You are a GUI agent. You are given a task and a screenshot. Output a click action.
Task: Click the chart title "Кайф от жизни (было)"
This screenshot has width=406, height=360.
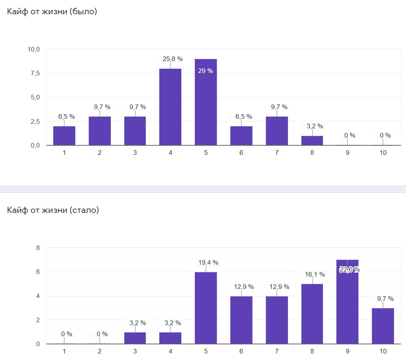click(52, 12)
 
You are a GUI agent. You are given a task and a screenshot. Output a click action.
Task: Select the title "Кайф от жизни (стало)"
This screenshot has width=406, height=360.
click(53, 210)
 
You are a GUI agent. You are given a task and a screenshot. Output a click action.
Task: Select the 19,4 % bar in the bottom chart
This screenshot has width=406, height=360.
click(206, 308)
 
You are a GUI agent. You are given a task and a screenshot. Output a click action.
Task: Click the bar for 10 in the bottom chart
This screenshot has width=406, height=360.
click(383, 326)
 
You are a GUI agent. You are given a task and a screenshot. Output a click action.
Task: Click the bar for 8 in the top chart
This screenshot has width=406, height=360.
click(312, 141)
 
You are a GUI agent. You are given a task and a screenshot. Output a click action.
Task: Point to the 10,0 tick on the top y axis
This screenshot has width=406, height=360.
click(34, 49)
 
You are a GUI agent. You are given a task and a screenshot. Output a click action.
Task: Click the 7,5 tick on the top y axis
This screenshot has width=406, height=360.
click(35, 73)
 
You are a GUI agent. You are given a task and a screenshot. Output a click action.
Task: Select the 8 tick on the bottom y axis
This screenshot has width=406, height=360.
click(38, 248)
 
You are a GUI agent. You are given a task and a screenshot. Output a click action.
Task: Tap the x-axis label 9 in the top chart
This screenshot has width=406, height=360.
click(347, 153)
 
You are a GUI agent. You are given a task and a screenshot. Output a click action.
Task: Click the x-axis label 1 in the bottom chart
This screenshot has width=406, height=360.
click(64, 351)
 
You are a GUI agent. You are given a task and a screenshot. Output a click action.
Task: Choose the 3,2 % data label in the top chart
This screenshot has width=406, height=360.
click(314, 126)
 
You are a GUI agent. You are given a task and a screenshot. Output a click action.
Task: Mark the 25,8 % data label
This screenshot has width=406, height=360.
click(173, 59)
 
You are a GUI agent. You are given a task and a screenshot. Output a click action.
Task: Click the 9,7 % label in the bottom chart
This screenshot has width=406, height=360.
click(385, 299)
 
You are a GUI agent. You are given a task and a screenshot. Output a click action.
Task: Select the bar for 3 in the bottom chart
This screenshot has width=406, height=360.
click(135, 338)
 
